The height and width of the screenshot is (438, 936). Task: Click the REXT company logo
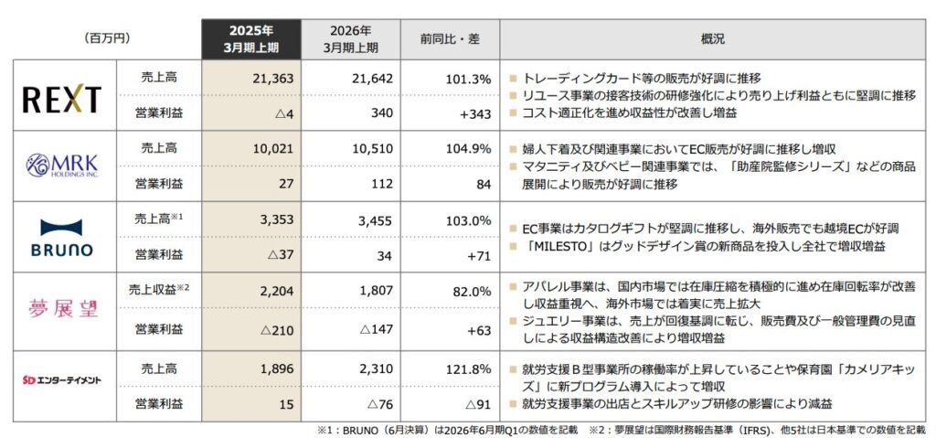click(x=62, y=98)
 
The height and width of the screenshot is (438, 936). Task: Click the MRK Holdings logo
click(x=62, y=166)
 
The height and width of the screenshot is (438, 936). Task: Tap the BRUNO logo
click(x=62, y=237)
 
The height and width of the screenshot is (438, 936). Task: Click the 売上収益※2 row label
click(x=157, y=290)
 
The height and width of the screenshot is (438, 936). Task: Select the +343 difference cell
click(x=476, y=113)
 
